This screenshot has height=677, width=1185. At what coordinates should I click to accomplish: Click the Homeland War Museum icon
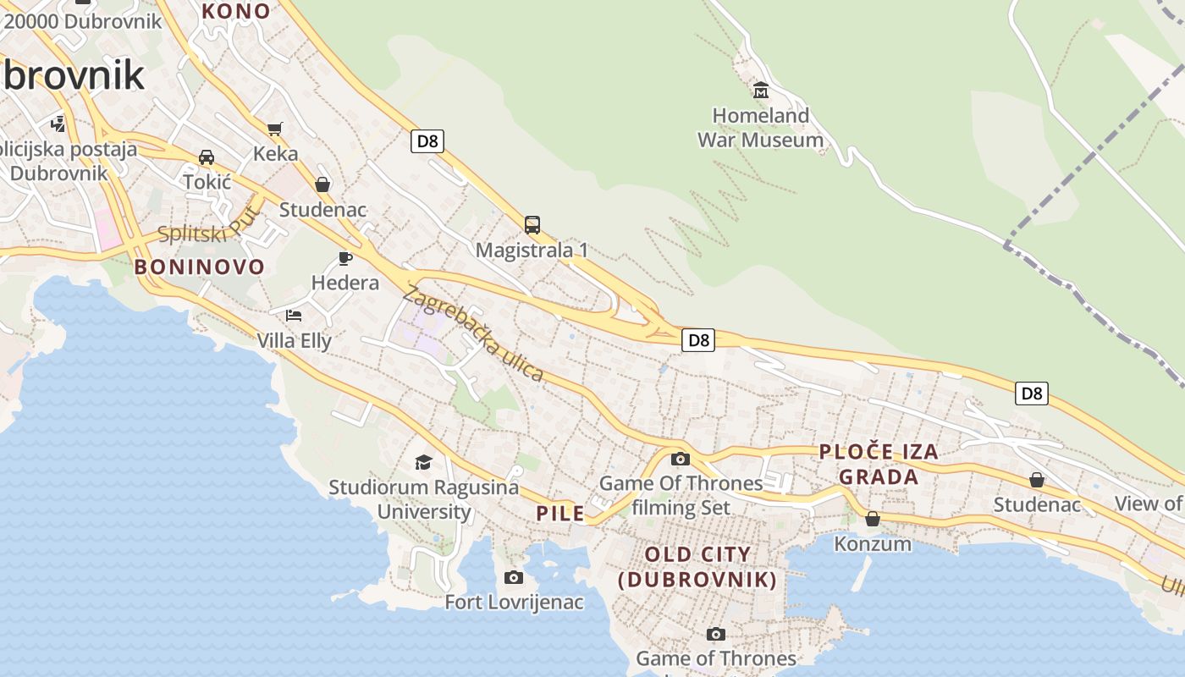point(760,90)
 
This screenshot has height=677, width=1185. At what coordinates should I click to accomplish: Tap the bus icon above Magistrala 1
point(532,225)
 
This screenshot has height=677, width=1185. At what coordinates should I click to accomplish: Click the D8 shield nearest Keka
point(427,141)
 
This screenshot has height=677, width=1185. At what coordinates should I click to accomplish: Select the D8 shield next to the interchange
point(697,340)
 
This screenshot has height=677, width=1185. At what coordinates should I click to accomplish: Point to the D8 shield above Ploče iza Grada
point(1032,394)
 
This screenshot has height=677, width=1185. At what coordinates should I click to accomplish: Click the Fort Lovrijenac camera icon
point(513,578)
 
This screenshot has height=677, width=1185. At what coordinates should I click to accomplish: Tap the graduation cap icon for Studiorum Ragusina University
point(423,462)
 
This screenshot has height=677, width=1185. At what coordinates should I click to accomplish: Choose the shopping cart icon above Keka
point(274,129)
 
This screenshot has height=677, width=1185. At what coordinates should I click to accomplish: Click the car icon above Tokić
point(207,157)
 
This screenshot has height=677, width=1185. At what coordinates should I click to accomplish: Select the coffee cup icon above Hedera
point(344,258)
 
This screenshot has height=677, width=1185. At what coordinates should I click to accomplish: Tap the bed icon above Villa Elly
point(294,316)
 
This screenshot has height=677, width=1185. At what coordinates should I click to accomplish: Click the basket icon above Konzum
point(873,519)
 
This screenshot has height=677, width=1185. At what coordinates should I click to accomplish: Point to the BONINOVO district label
point(200,267)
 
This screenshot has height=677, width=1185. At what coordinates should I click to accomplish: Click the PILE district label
point(560,514)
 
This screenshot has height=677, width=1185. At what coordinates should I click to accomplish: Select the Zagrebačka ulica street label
point(473,333)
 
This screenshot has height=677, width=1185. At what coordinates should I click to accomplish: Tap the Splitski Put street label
point(206,225)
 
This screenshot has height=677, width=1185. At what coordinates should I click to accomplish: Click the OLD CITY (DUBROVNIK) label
point(697,567)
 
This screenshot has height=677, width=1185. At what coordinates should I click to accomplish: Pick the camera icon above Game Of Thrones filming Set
point(680,460)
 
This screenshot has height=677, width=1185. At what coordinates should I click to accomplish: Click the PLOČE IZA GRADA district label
point(879,464)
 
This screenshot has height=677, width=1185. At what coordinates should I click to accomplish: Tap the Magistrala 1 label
point(532,250)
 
